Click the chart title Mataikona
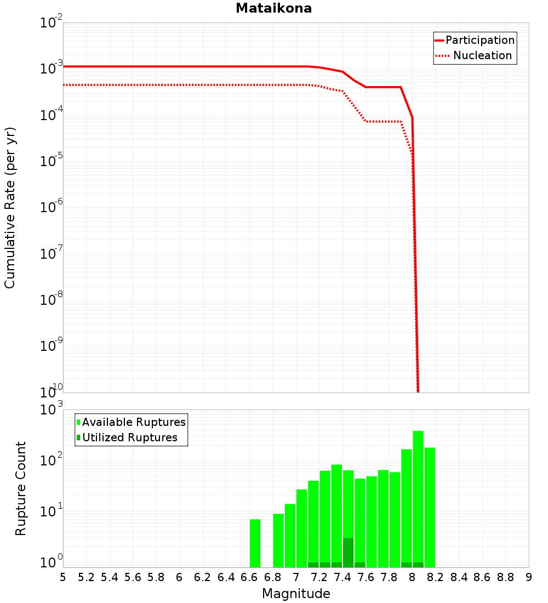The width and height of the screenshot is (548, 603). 273,8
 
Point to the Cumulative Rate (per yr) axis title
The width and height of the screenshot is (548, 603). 10,207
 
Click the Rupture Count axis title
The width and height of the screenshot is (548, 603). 21,488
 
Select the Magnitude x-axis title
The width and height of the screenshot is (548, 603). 296,594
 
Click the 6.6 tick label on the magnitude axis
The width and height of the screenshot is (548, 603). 249,577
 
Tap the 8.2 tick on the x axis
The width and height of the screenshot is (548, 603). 436,577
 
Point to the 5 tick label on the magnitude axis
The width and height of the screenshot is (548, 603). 63,577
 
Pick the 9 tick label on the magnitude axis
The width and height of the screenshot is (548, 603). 529,577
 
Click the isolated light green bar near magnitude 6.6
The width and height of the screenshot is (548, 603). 255,543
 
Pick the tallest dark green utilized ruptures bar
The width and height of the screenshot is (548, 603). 348,552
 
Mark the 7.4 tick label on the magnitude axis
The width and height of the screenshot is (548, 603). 342,577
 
